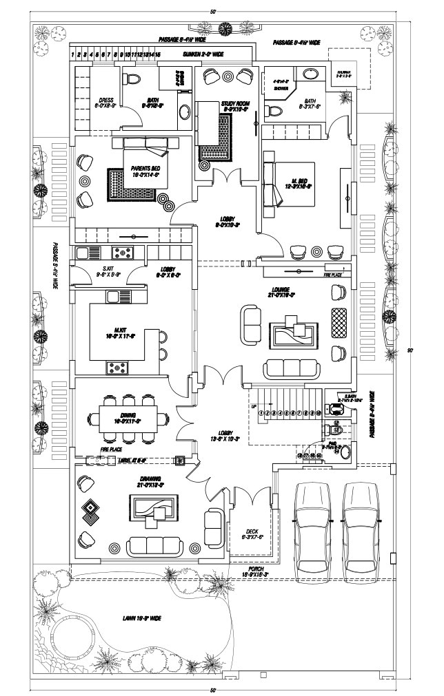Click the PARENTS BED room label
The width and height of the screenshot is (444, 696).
[x=146, y=171]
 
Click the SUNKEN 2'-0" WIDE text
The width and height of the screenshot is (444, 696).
[x=203, y=53]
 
